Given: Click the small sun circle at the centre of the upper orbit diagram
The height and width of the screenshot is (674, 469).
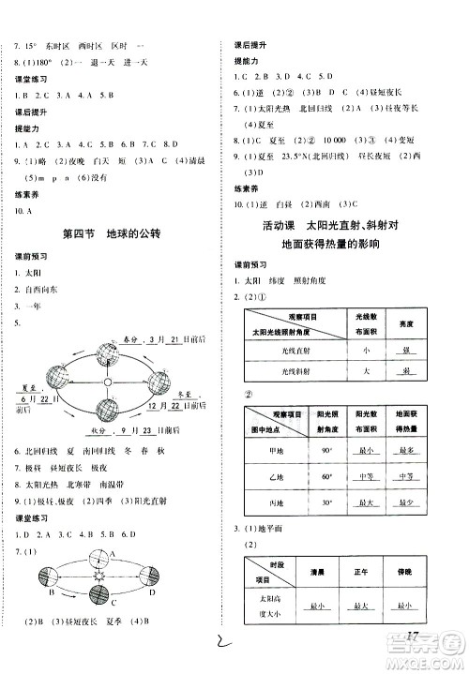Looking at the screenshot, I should click(x=109, y=382).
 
